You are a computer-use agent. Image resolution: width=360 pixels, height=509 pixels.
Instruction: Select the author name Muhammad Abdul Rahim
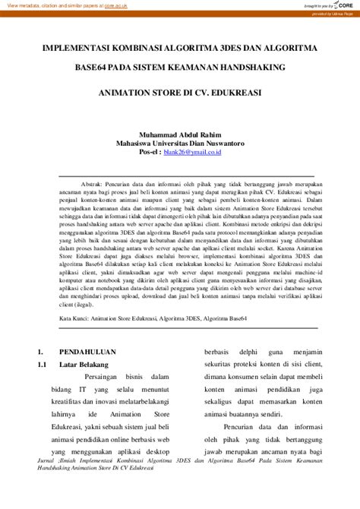(179, 132)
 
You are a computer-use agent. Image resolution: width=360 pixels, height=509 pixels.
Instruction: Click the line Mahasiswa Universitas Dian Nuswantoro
(179, 142)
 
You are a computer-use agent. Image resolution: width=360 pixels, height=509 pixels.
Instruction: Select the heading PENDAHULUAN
(87, 353)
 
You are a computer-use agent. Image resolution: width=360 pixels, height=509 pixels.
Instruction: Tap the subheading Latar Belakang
(84, 365)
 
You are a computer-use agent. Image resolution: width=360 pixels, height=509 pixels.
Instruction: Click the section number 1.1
(43, 365)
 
